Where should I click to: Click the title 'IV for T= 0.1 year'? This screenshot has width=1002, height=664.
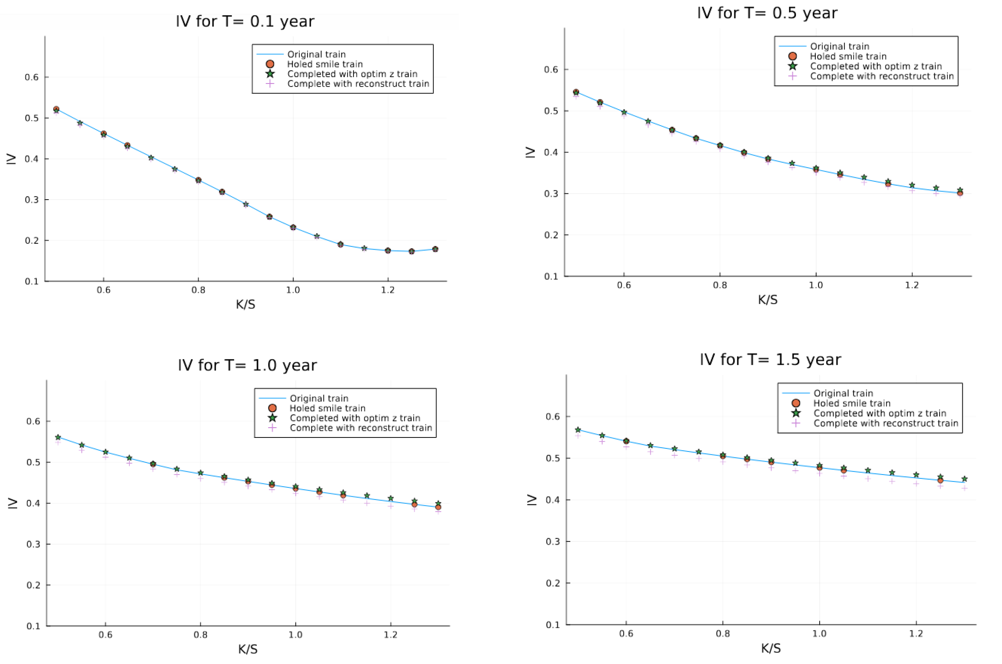tap(245, 21)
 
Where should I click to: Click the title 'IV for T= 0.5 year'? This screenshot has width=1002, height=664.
tap(767, 13)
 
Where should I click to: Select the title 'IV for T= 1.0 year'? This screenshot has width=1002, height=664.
tap(247, 365)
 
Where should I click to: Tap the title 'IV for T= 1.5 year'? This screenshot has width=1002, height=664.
tap(770, 359)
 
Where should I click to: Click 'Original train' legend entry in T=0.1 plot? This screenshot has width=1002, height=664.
tap(316, 54)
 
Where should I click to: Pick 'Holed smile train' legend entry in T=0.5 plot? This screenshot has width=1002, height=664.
tap(848, 56)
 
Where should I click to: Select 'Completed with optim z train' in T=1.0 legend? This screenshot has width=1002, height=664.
tap(355, 418)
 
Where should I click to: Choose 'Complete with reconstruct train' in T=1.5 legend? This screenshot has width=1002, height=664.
tap(885, 423)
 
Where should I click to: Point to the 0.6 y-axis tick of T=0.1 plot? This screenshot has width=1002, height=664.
tap(32, 77)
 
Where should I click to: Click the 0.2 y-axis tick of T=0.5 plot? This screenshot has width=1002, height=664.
tap(551, 235)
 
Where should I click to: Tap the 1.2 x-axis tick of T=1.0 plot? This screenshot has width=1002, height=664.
tap(390, 635)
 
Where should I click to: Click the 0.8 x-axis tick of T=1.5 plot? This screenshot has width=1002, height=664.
tap(723, 634)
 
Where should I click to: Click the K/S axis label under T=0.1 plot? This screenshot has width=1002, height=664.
tap(246, 304)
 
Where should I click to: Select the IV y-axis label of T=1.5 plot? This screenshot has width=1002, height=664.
tap(532, 500)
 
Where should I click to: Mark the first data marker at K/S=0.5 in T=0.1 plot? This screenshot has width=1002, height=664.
tap(56, 109)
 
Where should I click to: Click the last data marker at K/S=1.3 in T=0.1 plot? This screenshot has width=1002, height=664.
tap(435, 249)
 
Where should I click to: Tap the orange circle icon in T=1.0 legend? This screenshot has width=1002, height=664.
tap(272, 408)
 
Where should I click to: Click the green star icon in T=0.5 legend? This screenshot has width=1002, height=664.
tap(792, 66)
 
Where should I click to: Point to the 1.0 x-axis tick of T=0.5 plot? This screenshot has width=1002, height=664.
tap(816, 285)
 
